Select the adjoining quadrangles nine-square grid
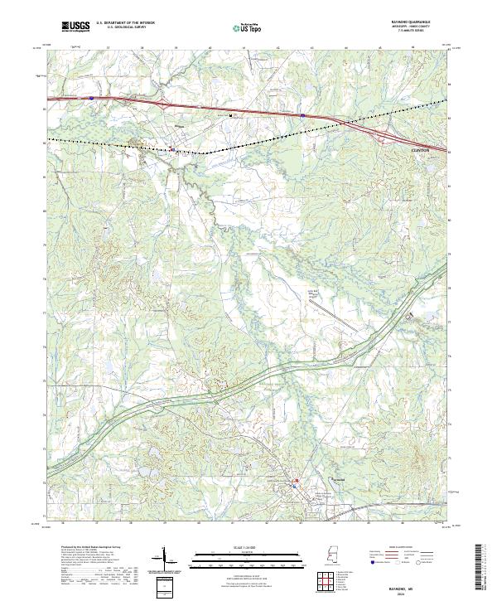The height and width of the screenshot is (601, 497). (x=326, y=581)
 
